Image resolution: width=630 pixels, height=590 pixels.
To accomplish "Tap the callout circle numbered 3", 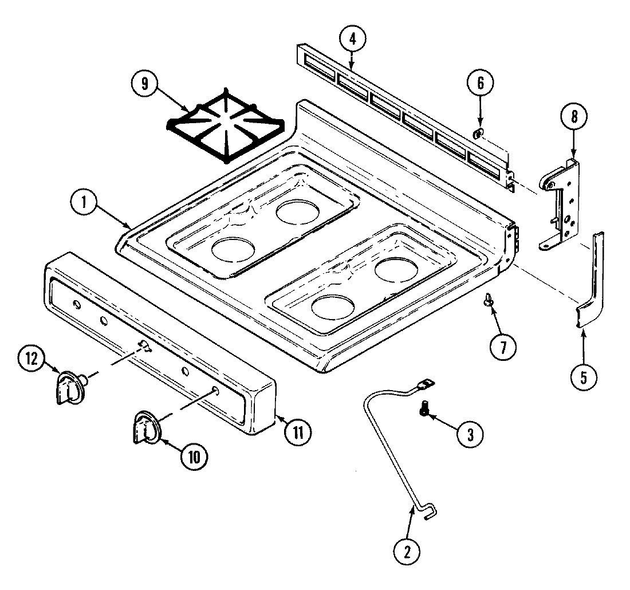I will [x=469, y=434].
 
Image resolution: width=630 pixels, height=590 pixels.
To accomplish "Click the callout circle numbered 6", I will [x=480, y=83].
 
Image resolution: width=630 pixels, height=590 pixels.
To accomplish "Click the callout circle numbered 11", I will [x=298, y=430].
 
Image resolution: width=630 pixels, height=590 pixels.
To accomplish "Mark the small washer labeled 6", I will [x=478, y=134].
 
